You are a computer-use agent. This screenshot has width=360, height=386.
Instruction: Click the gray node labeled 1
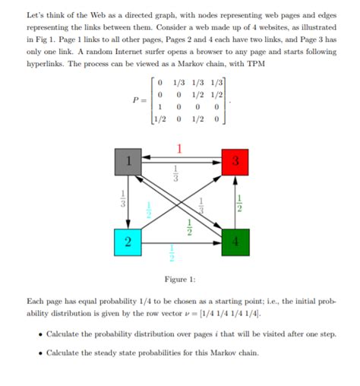(x=128, y=162)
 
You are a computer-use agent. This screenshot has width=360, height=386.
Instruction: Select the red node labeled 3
(x=235, y=162)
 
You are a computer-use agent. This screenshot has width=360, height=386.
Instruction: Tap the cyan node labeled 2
(x=128, y=242)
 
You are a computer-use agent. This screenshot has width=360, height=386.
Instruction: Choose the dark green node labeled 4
(x=235, y=242)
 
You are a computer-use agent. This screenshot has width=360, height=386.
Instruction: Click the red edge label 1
(x=179, y=147)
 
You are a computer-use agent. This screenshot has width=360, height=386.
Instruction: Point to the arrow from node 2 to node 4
(x=181, y=242)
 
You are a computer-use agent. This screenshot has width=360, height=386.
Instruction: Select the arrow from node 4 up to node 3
(x=235, y=202)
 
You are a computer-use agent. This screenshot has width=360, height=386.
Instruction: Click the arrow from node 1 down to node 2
(x=128, y=202)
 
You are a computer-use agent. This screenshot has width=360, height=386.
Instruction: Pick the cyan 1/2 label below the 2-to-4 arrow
(x=172, y=252)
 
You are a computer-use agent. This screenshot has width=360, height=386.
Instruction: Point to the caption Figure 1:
(x=181, y=279)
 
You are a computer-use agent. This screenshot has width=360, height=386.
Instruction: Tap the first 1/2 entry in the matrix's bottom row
(x=159, y=119)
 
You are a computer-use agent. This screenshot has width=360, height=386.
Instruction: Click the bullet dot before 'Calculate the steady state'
(x=39, y=353)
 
